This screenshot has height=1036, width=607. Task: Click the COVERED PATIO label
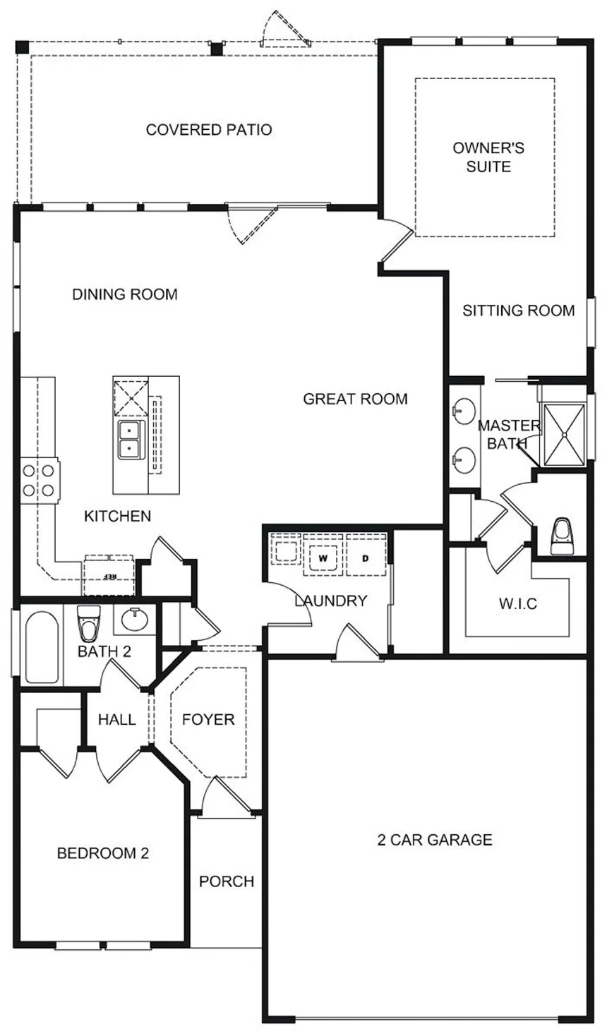pos(209,130)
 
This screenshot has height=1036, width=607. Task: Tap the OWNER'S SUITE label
pos(488,157)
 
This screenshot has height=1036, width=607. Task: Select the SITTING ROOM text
pos(519,311)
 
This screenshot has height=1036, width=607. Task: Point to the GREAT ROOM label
pos(355,399)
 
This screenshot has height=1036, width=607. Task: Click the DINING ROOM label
pos(125,294)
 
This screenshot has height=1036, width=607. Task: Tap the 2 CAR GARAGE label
pos(435,839)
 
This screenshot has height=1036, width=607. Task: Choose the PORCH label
pos(227,881)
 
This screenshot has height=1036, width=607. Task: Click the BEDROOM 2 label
pos(103,853)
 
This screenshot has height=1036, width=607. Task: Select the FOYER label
pos(208,719)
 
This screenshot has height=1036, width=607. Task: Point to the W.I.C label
pos(518,603)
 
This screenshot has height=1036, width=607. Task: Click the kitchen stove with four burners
pos(40,481)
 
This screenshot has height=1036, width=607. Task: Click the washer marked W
pos(323,558)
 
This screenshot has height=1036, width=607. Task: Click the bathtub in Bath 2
pos(42,647)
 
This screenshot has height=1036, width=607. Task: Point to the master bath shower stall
pos(565,435)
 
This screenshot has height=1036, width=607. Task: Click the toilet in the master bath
pos(562,536)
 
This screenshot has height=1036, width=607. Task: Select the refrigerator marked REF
pos(109,575)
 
